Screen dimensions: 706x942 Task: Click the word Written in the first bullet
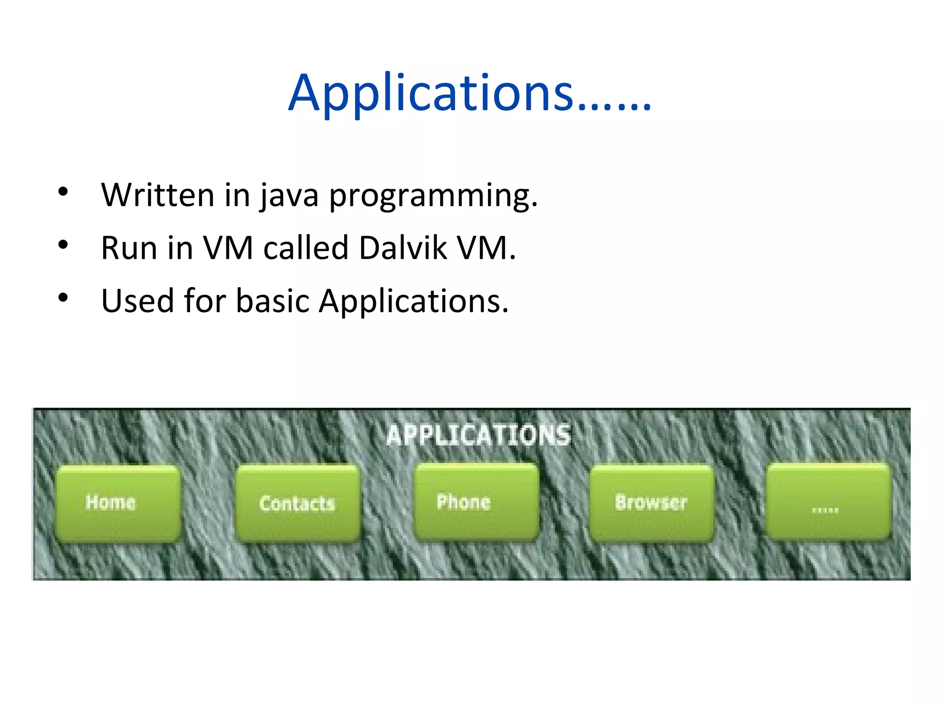coord(157,195)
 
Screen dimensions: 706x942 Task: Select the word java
coord(289,196)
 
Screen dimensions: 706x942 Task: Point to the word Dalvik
coord(402,248)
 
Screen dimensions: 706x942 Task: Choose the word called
coord(305,248)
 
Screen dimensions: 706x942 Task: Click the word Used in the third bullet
coord(137,301)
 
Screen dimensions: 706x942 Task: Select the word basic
coord(272,301)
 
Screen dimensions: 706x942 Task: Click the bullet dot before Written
coord(63,192)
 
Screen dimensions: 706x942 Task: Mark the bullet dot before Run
coord(63,245)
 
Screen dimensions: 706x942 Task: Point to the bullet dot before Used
coord(63,298)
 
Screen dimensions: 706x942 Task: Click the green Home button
coord(117,503)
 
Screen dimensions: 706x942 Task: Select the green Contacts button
coord(297,503)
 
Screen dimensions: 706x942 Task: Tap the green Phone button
coord(476,502)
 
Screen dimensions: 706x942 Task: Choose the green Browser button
coord(651,502)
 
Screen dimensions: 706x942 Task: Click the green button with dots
coord(828,502)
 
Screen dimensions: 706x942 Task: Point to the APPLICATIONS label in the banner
coord(478,435)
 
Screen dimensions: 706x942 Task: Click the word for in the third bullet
coord(205,301)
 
